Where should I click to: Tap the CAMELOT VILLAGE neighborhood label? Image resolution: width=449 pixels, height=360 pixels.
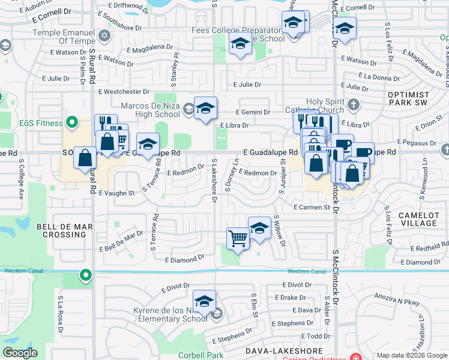click(x=418, y=219)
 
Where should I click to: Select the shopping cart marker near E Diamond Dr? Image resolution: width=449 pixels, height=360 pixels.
click(x=238, y=239)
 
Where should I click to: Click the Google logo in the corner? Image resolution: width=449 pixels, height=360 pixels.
click(x=20, y=353)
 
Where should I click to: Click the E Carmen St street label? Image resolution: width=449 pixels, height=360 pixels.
click(x=312, y=207)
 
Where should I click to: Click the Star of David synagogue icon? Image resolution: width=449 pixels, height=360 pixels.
click(x=106, y=35)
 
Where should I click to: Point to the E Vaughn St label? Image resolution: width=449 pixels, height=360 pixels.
click(x=117, y=193)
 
